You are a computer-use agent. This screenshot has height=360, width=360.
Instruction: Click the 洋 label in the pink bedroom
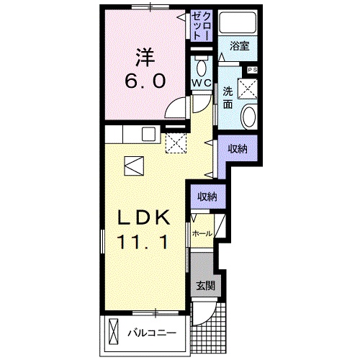click(145, 58)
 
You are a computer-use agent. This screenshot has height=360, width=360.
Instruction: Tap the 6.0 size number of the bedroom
click(145, 81)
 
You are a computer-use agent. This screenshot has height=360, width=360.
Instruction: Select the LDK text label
click(144, 217)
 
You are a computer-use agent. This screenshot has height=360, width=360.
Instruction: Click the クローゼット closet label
click(202, 25)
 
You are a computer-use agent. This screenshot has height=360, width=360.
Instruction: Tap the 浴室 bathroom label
click(239, 46)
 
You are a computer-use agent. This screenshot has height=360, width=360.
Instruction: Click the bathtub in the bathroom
click(238, 22)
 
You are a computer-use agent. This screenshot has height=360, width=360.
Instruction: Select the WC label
click(202, 83)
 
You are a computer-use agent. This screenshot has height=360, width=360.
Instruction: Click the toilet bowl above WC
click(202, 67)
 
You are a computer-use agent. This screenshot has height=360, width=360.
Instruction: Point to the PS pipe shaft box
click(252, 70)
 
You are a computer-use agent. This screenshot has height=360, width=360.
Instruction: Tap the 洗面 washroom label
click(228, 97)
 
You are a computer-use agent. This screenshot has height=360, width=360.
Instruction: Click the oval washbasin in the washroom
click(249, 117)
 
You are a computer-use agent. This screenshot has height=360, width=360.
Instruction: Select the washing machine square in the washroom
click(248, 89)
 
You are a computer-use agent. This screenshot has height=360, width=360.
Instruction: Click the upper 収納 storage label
click(238, 149)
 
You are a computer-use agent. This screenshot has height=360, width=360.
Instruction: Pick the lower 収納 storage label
click(207, 197)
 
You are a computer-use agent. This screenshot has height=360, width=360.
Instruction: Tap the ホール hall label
click(202, 233)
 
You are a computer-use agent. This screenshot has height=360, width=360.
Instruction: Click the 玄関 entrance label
click(205, 286)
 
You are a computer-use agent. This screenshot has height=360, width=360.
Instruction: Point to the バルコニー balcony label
click(152, 333)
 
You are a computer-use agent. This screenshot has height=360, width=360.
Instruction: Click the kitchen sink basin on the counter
click(148, 134)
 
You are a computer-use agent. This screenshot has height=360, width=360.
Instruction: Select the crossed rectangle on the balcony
click(114, 332)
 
